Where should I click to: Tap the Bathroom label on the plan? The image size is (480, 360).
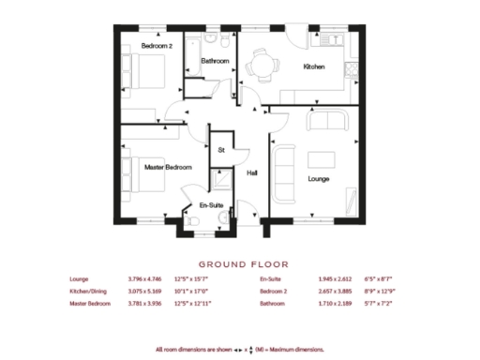tap(216, 61)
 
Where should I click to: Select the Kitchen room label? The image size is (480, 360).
tap(313, 67)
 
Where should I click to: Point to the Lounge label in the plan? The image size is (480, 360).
tap(318, 178)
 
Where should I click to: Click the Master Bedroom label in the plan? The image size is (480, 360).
tap(168, 167)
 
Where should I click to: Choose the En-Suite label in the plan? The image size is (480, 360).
tap(210, 205)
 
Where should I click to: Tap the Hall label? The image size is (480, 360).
tap(252, 172)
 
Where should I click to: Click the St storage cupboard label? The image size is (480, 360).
tap(221, 150)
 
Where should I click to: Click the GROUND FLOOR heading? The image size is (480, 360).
tap(243, 264)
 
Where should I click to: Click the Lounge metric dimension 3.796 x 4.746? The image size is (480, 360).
tap(144, 279)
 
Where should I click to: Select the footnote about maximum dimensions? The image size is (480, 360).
tap(242, 350)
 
